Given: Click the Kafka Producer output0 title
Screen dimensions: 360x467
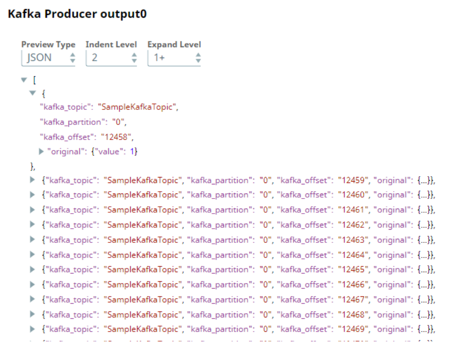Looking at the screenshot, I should point(77,14).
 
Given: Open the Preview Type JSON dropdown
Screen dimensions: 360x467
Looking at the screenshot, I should point(48,58).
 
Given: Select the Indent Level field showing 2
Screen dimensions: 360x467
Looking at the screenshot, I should point(111,58).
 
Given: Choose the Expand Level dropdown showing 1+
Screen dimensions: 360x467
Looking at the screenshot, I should point(174,58).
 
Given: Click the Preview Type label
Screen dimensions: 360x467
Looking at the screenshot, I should point(48,44).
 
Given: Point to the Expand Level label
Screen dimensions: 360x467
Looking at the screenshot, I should point(174,44).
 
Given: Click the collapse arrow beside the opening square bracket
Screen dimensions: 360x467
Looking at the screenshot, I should point(24,80).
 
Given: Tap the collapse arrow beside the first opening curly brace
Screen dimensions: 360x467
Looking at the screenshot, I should point(32,93).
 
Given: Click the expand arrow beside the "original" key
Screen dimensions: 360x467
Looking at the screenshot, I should point(42,151).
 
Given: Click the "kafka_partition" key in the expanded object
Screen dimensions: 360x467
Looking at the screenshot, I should point(70,122).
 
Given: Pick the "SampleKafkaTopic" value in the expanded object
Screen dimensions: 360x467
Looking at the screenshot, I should point(137,107).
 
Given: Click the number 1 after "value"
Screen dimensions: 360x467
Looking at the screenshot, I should point(133,151).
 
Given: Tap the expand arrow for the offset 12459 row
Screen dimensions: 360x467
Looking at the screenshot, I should point(32,180).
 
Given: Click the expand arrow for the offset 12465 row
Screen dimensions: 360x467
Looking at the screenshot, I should point(32,270).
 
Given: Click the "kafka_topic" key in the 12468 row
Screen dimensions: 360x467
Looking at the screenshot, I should point(71,315).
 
